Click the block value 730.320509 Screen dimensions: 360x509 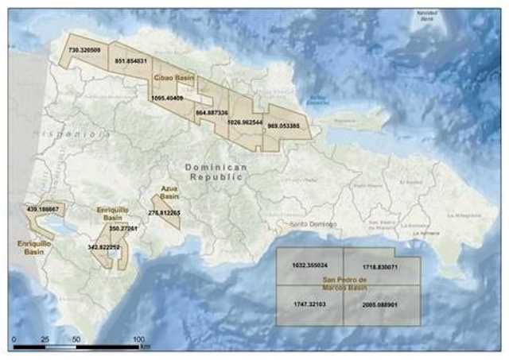click(x=85, y=49)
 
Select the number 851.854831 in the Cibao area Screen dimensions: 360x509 click(x=130, y=60)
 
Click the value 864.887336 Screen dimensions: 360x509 click(x=212, y=112)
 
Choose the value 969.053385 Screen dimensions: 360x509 click(x=283, y=126)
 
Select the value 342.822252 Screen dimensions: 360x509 click(x=104, y=247)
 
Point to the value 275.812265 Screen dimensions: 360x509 click(x=165, y=213)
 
